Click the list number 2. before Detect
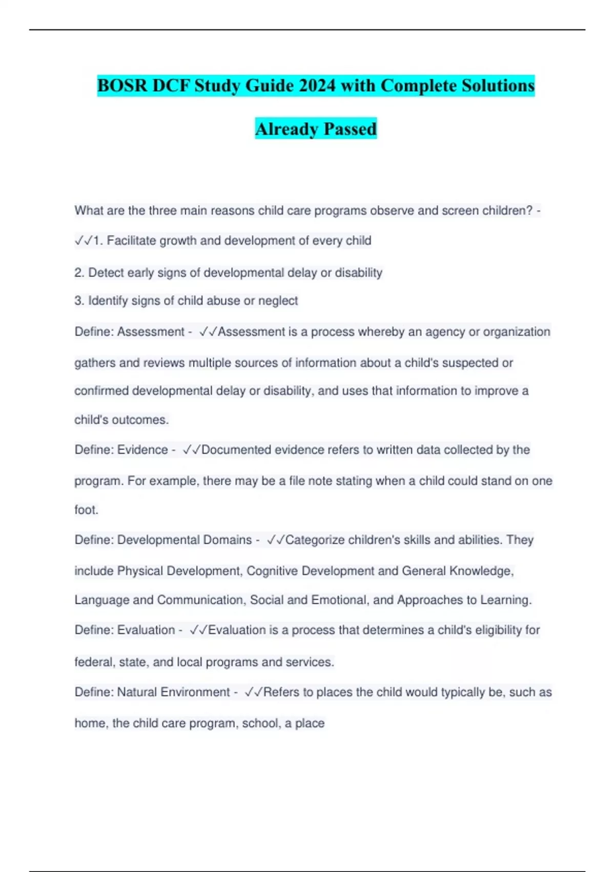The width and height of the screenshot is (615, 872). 79,273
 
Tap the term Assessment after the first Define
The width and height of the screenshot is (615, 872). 151,332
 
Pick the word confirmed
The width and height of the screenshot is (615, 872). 101,391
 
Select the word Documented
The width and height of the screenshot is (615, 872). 236,450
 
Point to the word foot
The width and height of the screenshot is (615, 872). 86,510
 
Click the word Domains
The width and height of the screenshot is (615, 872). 228,540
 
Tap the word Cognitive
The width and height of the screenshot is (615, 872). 272,571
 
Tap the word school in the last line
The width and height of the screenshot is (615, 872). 260,723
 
